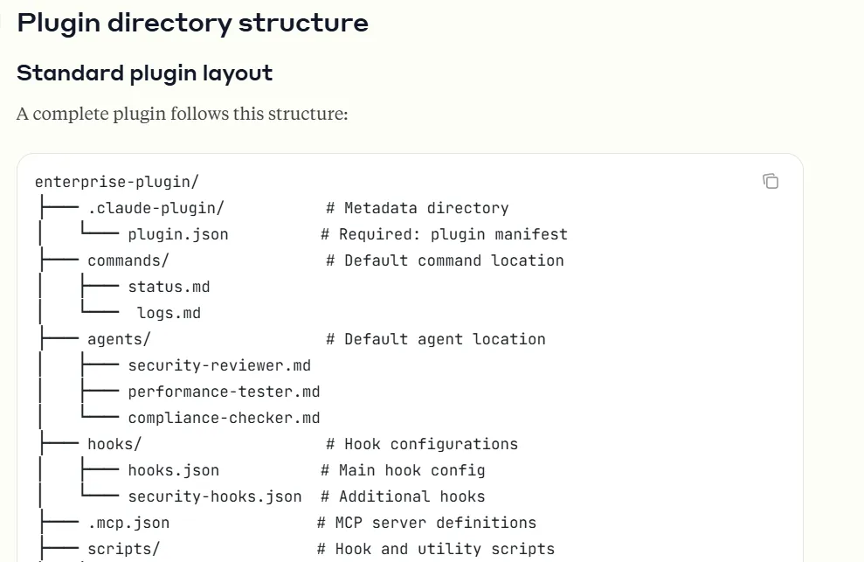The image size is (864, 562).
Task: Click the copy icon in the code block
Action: (x=771, y=181)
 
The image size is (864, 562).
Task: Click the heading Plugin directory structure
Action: (x=192, y=24)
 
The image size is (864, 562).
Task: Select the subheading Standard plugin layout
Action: (x=144, y=73)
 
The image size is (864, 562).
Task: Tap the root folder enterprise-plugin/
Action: (x=117, y=182)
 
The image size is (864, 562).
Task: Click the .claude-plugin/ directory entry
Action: (x=156, y=208)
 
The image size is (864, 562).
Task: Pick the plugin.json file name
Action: (x=178, y=234)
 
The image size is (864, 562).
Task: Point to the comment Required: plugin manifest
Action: (x=444, y=234)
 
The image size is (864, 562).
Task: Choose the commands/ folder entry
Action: (x=128, y=260)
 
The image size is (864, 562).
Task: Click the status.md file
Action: (x=169, y=287)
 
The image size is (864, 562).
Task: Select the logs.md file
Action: (x=169, y=313)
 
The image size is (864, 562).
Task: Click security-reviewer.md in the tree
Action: (x=219, y=365)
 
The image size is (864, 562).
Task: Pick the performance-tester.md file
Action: (x=224, y=392)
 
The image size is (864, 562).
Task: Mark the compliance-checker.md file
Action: (x=224, y=418)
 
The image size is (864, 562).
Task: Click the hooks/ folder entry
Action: (x=114, y=444)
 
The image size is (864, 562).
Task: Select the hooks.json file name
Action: (x=173, y=470)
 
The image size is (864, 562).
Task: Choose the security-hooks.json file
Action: (x=214, y=496)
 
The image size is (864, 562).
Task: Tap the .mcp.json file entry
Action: (x=128, y=523)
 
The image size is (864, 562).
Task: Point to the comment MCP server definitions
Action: (x=426, y=523)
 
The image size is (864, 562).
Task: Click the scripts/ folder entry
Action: (x=123, y=549)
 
